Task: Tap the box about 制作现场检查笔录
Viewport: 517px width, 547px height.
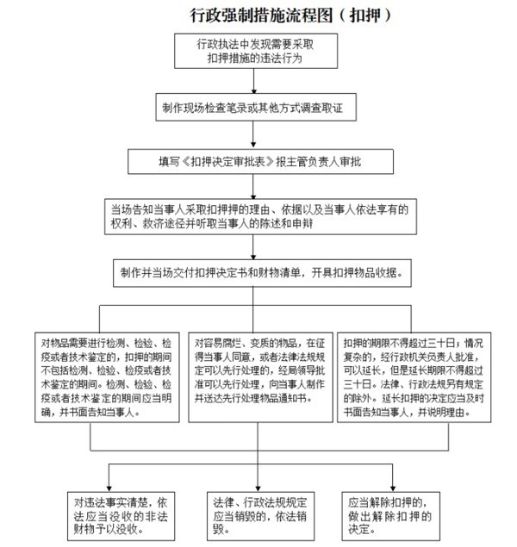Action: [259, 110]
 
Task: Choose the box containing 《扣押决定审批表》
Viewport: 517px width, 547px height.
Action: [259, 161]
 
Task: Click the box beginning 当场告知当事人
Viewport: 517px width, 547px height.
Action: [259, 215]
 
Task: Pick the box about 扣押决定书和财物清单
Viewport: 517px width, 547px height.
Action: [259, 273]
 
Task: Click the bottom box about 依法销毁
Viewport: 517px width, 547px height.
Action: [259, 514]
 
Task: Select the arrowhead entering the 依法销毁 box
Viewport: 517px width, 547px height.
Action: [259, 484]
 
